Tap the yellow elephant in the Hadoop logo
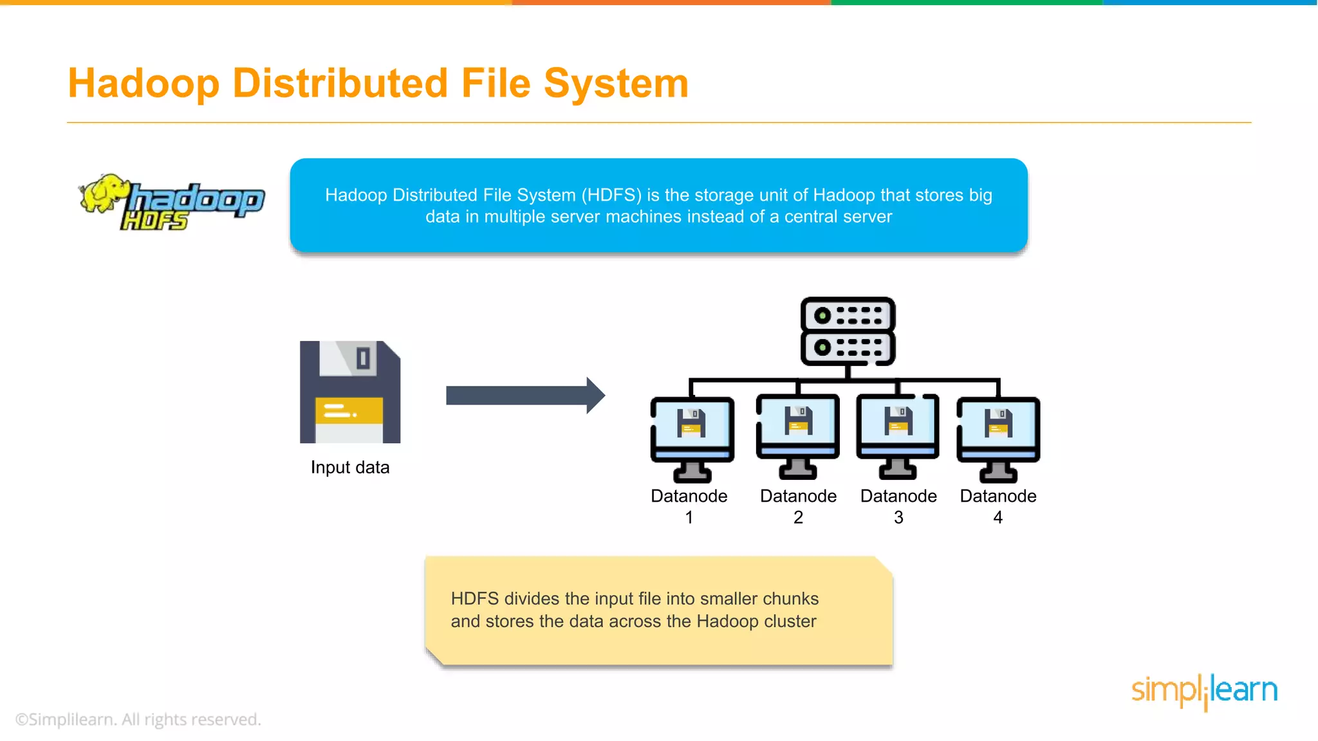coord(104,192)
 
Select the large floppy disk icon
coord(350,392)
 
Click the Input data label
coord(350,467)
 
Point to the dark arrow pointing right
coord(525,395)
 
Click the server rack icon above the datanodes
coord(848,331)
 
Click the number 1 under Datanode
coord(689,517)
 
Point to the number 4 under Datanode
coord(998,517)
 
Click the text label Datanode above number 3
coord(898,496)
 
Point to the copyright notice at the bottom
coord(138,719)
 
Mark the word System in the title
coord(616,84)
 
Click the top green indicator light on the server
coord(822,316)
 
